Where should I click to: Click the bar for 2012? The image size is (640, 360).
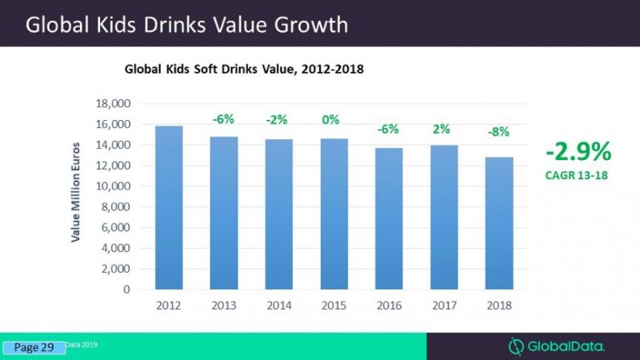(x=168, y=208)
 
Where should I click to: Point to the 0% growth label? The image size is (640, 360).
(x=330, y=120)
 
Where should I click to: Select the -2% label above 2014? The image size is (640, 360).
(x=277, y=120)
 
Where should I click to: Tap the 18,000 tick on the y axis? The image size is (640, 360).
(x=113, y=104)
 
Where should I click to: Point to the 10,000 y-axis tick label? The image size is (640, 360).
(x=113, y=186)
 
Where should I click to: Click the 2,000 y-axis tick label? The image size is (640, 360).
(x=116, y=270)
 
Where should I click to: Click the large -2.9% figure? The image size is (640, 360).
(x=578, y=150)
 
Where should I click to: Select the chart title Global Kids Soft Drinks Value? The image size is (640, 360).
(x=244, y=70)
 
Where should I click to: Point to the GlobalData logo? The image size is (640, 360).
(x=557, y=346)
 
